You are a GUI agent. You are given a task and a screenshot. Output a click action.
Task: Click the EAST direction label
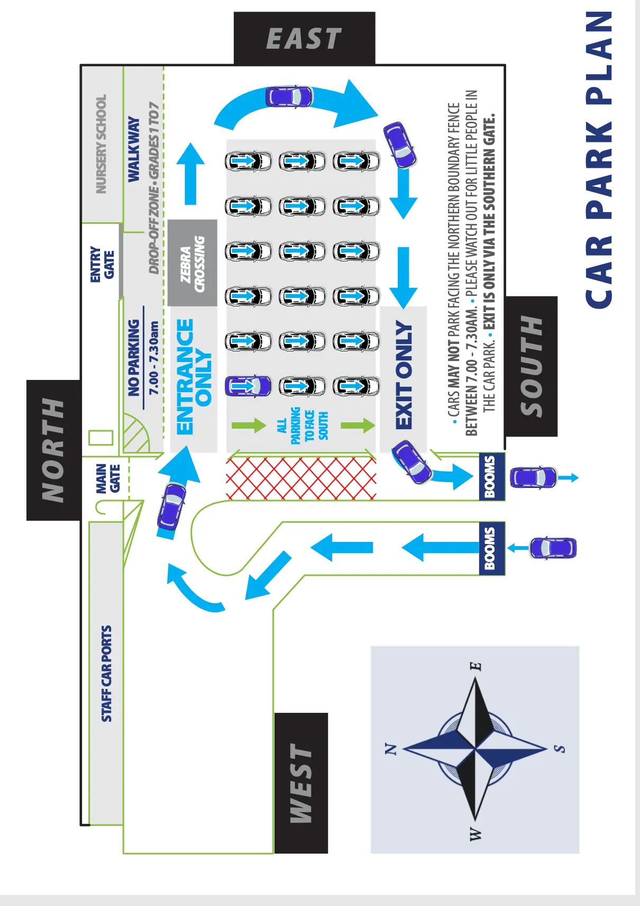click(x=304, y=39)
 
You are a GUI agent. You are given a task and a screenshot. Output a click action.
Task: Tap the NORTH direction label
click(x=53, y=450)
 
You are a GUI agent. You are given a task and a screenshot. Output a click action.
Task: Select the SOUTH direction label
click(x=532, y=366)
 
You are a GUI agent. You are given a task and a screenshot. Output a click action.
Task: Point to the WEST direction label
click(x=301, y=783)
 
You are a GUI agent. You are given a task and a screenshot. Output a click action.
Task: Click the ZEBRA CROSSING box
click(x=193, y=264)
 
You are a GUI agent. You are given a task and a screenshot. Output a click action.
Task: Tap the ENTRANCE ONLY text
click(x=194, y=376)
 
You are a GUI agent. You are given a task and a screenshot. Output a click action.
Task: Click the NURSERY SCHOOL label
click(x=101, y=144)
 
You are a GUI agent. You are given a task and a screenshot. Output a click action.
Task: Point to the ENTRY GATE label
click(x=102, y=264)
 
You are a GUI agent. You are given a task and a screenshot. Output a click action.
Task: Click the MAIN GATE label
click(x=108, y=479)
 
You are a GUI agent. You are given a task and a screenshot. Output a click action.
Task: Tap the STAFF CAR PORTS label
click(x=106, y=673)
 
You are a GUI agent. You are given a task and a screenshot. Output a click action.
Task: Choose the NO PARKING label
click(x=134, y=358)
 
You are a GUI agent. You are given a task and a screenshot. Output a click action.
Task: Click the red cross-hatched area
click(x=301, y=478)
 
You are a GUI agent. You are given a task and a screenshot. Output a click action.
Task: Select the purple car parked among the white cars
click(x=248, y=386)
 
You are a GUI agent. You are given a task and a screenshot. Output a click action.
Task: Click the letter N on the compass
click(x=390, y=749)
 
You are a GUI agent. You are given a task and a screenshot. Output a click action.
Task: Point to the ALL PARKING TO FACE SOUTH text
click(x=302, y=425)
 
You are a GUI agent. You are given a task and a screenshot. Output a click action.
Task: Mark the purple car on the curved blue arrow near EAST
click(x=289, y=97)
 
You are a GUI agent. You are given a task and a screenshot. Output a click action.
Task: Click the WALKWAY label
click(x=134, y=150)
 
